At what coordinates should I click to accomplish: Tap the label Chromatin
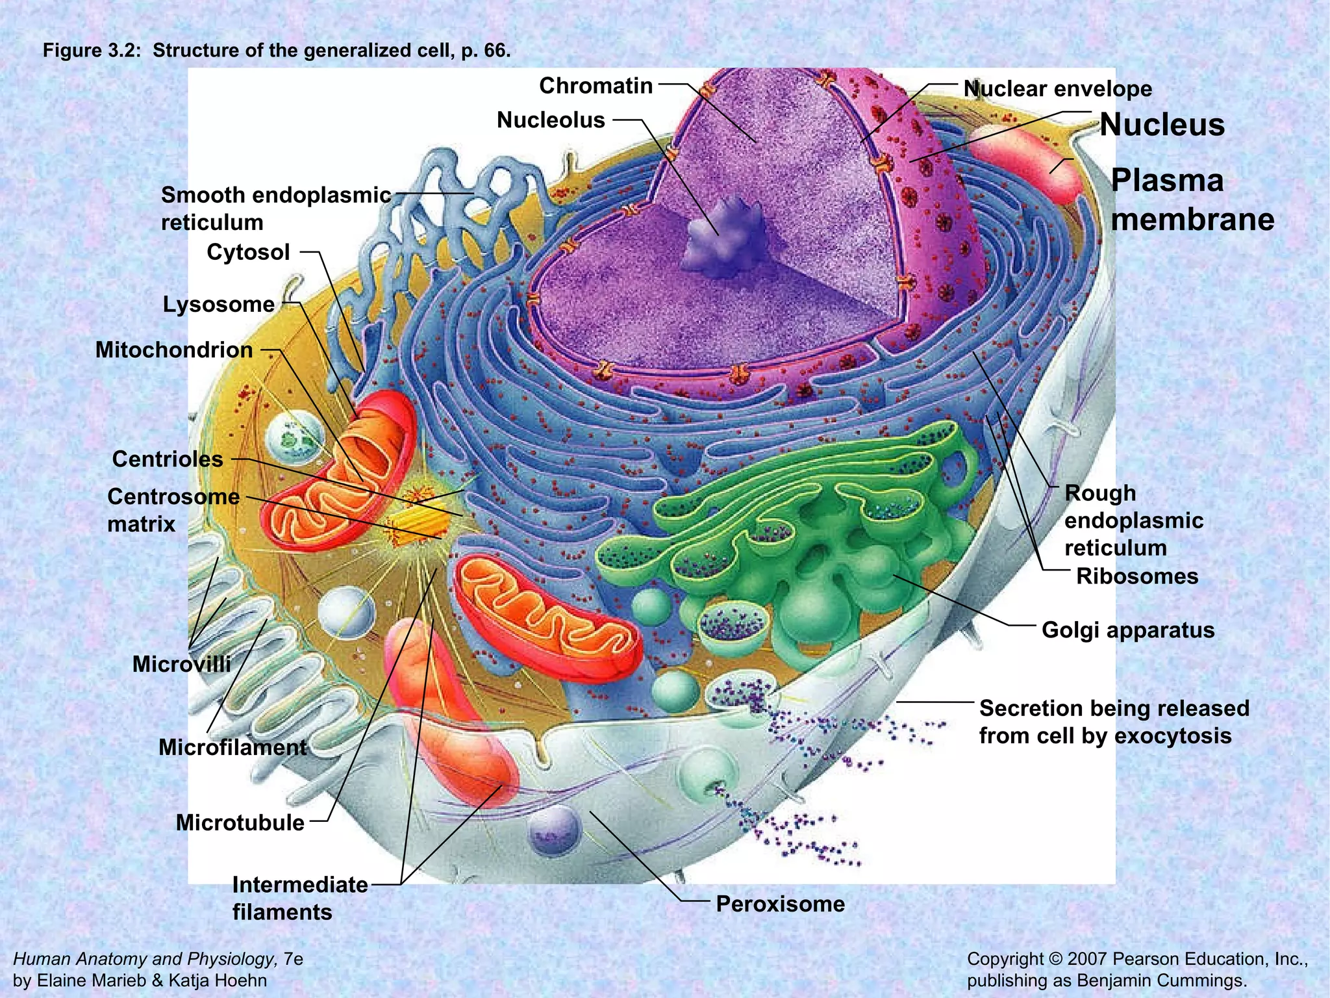(596, 86)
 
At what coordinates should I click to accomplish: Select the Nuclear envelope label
(1057, 89)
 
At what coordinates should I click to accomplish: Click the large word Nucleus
(1162, 125)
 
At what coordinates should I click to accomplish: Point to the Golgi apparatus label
(1127, 630)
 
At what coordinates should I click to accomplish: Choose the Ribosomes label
(1136, 576)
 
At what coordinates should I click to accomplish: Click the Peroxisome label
(780, 904)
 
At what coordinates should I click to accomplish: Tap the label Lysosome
(218, 304)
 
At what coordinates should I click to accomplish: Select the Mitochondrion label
(174, 350)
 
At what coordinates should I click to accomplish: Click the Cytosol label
(248, 252)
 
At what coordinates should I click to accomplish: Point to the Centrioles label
(168, 459)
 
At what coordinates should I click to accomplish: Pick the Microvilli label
(181, 664)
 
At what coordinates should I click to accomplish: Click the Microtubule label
(240, 823)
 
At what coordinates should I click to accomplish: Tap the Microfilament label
(232, 748)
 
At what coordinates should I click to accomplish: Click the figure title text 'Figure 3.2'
(92, 51)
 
